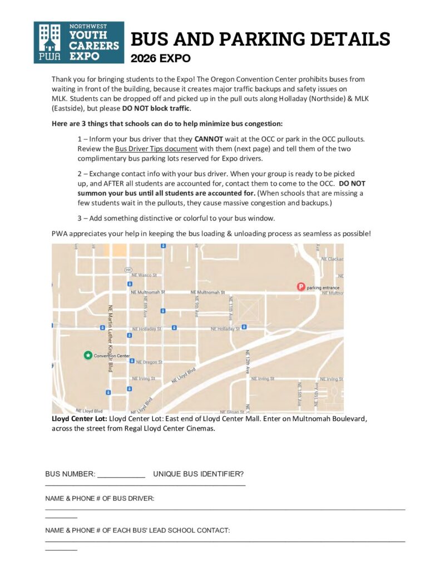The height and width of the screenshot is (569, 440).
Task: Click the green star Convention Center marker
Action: point(87,355)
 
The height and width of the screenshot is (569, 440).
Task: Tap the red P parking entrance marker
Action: point(301,287)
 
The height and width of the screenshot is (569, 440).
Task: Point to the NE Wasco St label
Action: point(145,275)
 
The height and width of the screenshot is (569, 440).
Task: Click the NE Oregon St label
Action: point(150,362)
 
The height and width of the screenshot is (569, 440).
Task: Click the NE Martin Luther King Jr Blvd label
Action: point(110,331)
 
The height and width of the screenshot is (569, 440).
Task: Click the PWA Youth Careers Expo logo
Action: point(79,42)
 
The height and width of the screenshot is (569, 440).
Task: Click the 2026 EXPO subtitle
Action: point(161,58)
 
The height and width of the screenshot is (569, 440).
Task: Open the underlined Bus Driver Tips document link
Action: point(156,149)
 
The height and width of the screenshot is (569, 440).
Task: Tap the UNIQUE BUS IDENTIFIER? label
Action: point(198,474)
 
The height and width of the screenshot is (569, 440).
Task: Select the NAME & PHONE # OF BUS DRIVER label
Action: point(100,498)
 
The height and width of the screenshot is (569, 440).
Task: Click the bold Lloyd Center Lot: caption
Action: point(79,417)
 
